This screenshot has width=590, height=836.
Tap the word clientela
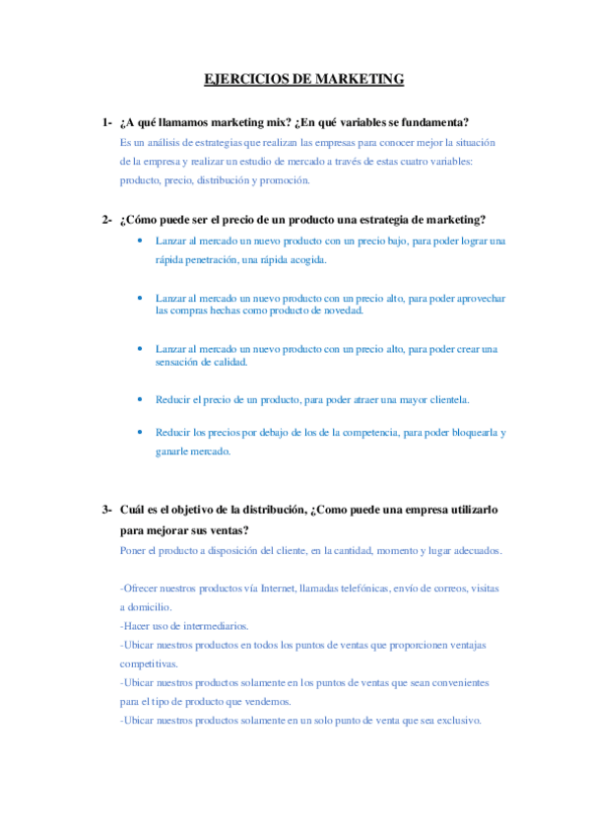click(443, 399)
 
